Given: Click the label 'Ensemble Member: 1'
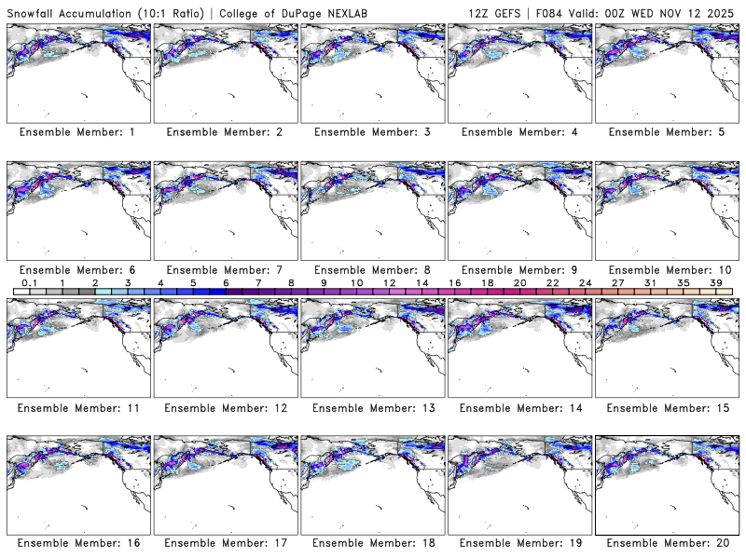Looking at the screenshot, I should point(77,132).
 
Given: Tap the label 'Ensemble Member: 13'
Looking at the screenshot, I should point(372,407).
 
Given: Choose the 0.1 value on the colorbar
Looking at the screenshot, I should point(29,282).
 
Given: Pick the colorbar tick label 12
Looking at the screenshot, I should point(389,282).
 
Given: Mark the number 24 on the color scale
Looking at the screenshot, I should point(586,282).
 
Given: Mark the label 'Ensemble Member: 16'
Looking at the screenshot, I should point(77,543).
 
